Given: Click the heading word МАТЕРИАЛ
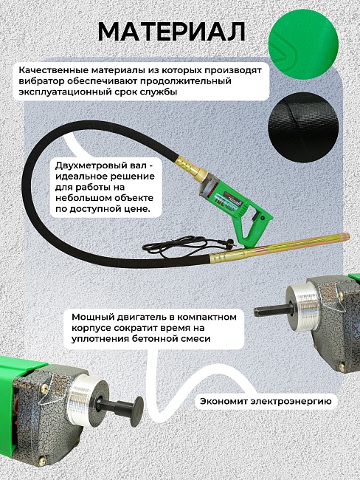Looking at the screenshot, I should click(x=171, y=32).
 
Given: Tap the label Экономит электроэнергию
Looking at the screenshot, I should click(x=267, y=402).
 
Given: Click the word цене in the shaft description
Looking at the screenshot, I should click(x=136, y=210).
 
